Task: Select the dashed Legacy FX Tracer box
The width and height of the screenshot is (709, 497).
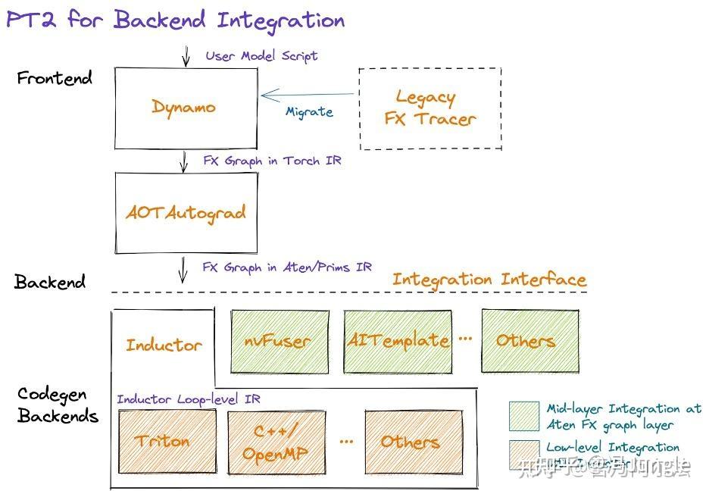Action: (429, 108)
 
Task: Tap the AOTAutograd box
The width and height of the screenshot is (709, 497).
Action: (185, 213)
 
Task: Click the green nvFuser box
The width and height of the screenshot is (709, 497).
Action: (276, 341)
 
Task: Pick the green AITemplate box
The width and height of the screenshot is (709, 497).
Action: (398, 341)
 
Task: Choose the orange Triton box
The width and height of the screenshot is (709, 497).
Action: (163, 440)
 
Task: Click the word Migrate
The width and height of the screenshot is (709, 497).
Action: (309, 112)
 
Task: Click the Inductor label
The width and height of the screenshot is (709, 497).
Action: (164, 345)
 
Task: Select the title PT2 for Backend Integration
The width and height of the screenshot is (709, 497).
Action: (175, 20)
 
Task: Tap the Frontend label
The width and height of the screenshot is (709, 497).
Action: (55, 78)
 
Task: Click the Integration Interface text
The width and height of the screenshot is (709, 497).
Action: (489, 279)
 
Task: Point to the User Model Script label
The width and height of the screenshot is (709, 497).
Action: (261, 56)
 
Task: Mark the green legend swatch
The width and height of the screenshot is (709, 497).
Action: (523, 416)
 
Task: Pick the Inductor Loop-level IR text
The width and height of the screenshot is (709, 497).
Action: (189, 399)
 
